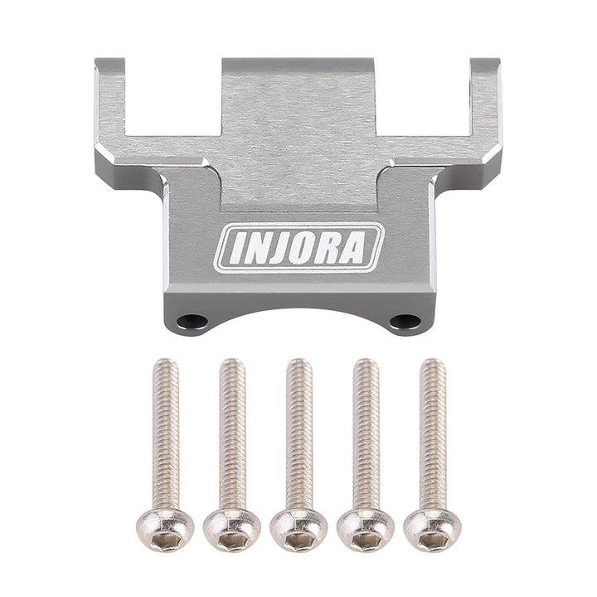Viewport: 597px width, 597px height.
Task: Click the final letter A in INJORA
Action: (352, 248)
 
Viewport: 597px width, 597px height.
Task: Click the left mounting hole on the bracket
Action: (192, 321)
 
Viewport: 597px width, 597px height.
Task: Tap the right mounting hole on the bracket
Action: (405, 321)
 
